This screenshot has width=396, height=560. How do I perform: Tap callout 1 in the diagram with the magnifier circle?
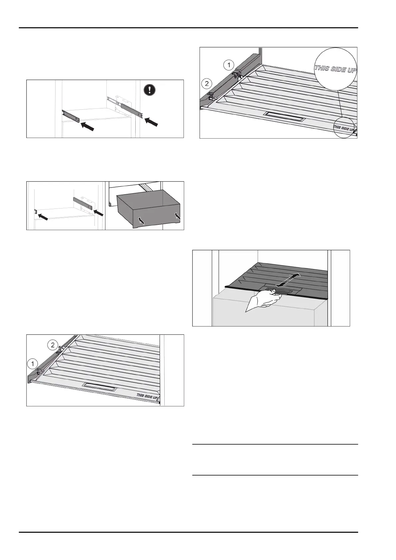(x=228, y=65)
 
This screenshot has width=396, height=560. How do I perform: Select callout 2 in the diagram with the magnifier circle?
(x=207, y=83)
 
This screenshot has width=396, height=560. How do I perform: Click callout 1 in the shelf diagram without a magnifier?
(x=32, y=364)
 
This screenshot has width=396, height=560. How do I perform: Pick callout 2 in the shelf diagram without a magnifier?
(x=53, y=345)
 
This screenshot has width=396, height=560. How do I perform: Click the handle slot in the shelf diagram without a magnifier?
(x=100, y=386)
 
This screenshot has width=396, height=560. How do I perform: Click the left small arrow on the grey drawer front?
(x=141, y=221)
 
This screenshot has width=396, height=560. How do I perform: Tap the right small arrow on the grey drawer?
(x=177, y=216)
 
